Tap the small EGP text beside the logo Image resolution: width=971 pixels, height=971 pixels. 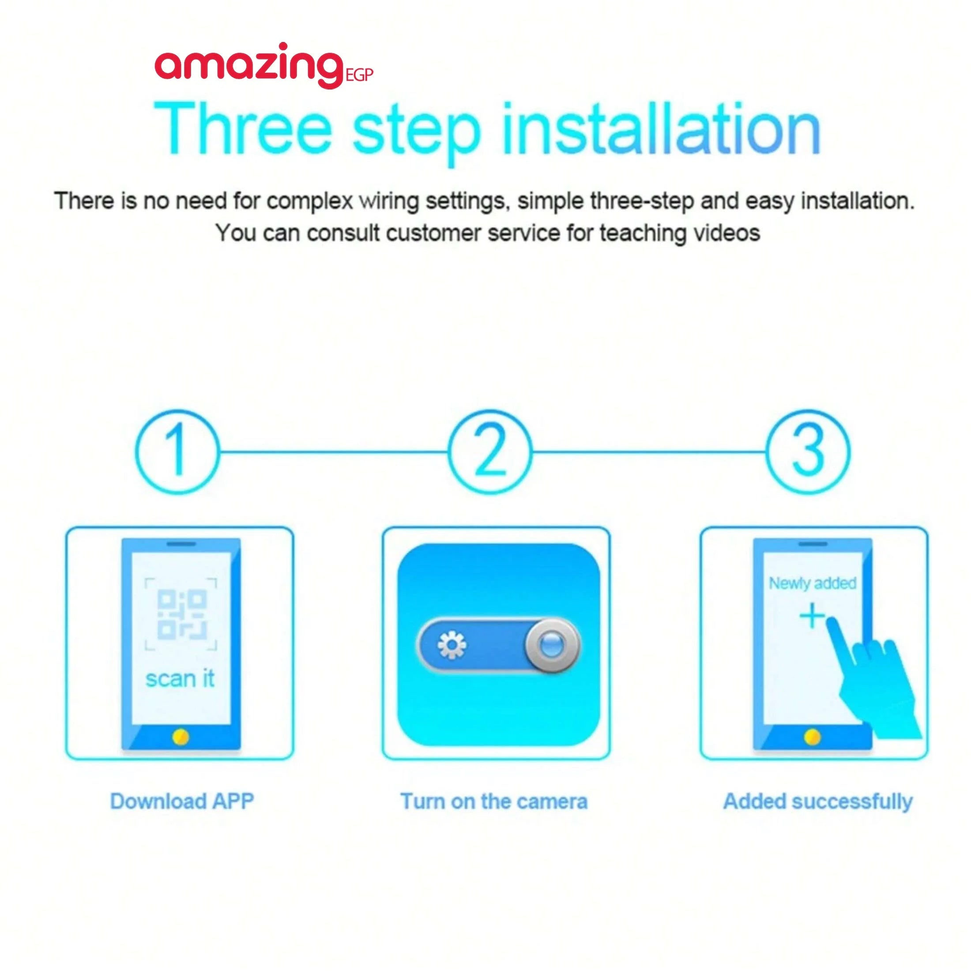360,75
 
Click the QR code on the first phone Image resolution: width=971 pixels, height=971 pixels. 181,614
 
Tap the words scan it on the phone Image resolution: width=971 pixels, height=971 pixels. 180,678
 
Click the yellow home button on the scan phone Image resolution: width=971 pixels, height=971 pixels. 181,737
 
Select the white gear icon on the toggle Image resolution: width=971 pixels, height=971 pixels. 452,645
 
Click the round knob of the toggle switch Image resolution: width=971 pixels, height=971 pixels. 552,645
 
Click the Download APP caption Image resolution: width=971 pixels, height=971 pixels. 182,801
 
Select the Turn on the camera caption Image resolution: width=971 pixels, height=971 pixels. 493,801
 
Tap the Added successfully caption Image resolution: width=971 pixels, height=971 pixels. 818,802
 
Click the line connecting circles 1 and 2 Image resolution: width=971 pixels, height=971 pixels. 334,452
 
